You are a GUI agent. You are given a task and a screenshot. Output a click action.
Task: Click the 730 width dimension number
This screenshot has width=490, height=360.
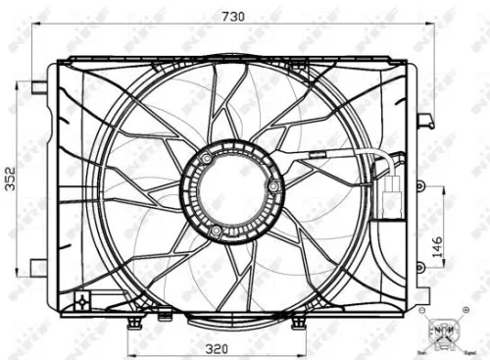(233, 17)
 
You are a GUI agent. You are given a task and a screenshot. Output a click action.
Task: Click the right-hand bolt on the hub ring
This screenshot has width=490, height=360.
(274, 184)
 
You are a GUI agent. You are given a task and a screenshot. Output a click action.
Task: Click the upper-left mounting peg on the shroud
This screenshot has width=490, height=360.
(38, 87)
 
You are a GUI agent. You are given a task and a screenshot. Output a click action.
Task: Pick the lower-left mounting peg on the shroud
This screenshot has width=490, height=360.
(37, 265)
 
